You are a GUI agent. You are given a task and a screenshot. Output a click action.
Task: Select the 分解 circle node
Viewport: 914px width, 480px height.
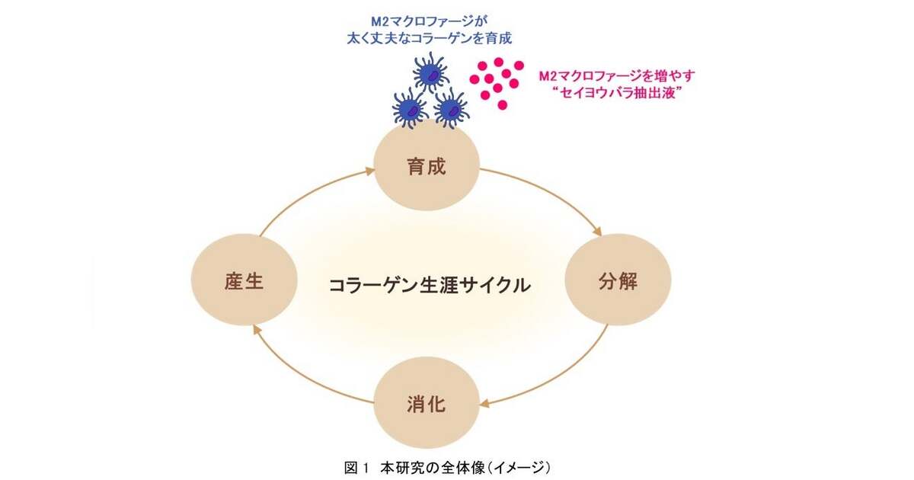(x=617, y=280)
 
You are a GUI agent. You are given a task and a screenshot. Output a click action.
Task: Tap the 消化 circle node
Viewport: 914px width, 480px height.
(x=426, y=402)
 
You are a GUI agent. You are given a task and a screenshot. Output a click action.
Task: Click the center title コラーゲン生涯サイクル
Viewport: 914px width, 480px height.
(x=429, y=286)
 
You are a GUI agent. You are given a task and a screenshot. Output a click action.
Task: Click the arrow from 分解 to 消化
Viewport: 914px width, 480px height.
(x=556, y=373)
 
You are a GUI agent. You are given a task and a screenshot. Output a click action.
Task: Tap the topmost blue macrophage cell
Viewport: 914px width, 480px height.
(x=432, y=75)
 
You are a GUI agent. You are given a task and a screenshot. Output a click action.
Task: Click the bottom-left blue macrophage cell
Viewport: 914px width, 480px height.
(x=411, y=109)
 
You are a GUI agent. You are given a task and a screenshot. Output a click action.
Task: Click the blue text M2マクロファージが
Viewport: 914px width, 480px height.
(x=428, y=20)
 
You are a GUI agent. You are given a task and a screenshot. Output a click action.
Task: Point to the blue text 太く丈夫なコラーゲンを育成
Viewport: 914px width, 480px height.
(x=428, y=37)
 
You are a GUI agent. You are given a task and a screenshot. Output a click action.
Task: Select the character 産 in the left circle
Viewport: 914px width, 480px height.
(x=233, y=281)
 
